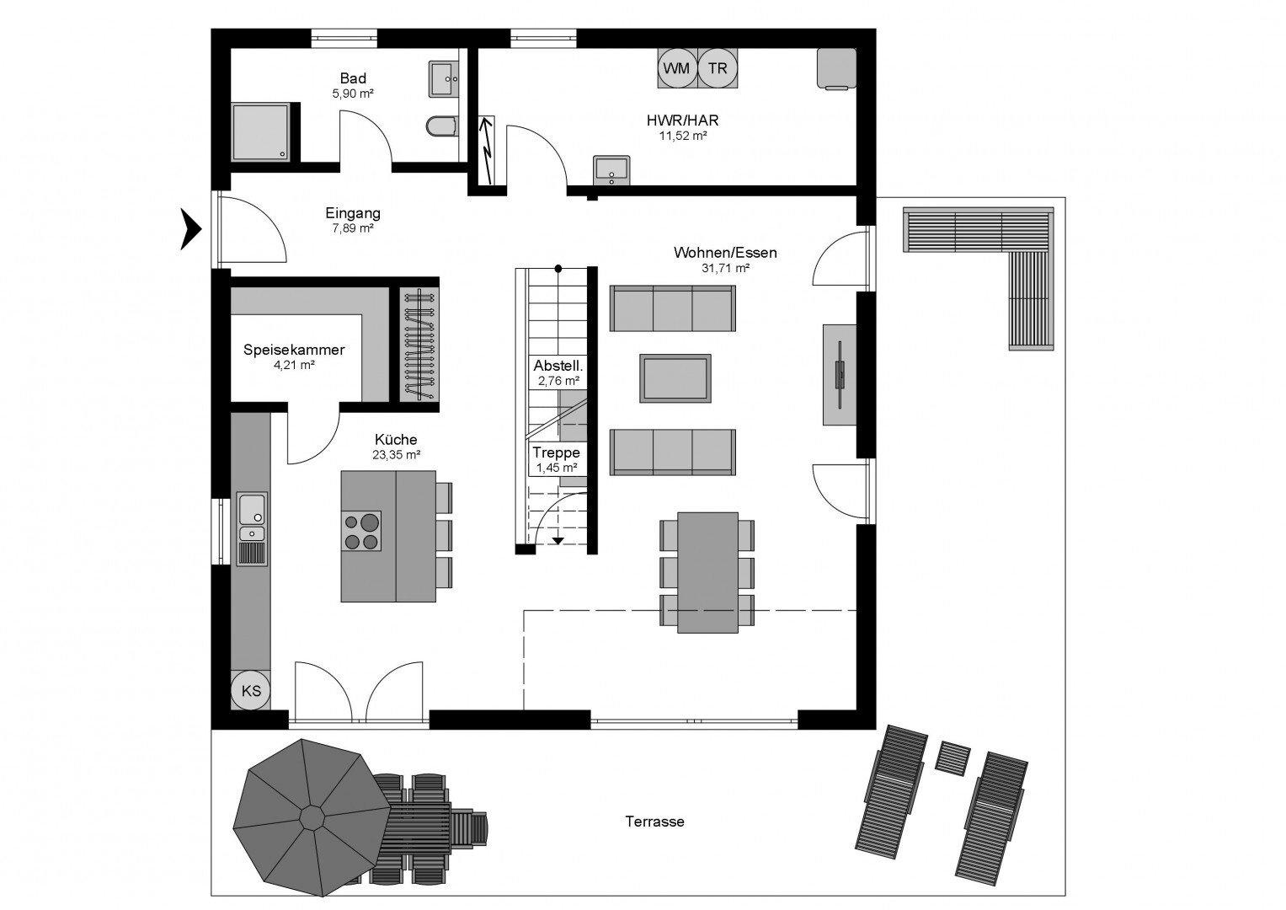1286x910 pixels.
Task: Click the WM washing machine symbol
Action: (x=677, y=68)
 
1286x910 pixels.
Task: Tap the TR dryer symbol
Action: (x=718, y=68)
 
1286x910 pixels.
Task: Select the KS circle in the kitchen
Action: (x=251, y=690)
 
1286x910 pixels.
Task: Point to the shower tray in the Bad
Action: (x=260, y=132)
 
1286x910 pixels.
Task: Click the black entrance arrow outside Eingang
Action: (x=191, y=229)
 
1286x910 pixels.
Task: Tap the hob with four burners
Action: (x=361, y=531)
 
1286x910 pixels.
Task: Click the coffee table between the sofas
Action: (x=675, y=378)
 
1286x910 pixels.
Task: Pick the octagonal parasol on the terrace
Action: (x=312, y=817)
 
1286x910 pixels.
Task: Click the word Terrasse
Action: (x=654, y=822)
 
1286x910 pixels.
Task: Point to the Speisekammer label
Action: (x=294, y=350)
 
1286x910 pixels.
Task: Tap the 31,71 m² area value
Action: (x=725, y=268)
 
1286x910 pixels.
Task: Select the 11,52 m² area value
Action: (x=683, y=136)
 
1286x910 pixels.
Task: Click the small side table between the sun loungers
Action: (x=953, y=758)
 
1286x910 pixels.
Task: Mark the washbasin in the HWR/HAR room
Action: (x=611, y=170)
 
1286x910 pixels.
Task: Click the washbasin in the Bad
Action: (x=443, y=78)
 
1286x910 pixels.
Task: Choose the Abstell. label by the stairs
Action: (x=558, y=366)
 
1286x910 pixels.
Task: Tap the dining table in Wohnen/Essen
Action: (x=707, y=572)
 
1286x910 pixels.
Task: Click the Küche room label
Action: (x=396, y=440)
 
